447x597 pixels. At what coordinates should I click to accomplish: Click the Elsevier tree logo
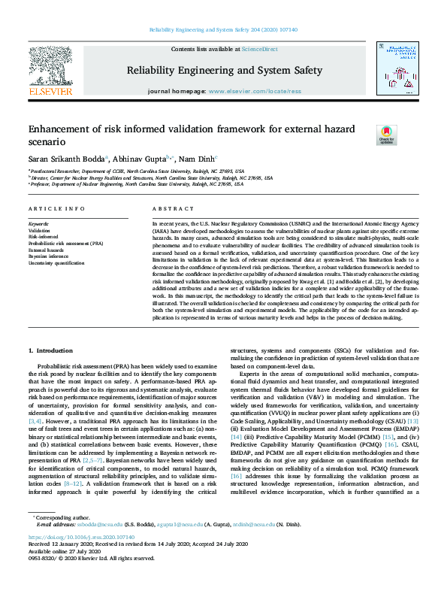coord(50,70)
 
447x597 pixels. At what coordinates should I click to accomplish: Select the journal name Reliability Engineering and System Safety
coord(224,71)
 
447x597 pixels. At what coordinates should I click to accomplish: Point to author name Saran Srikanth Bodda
coord(67,159)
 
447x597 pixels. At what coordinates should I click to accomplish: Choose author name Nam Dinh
coord(197,159)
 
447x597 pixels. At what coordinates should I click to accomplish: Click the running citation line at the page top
coord(223,29)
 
